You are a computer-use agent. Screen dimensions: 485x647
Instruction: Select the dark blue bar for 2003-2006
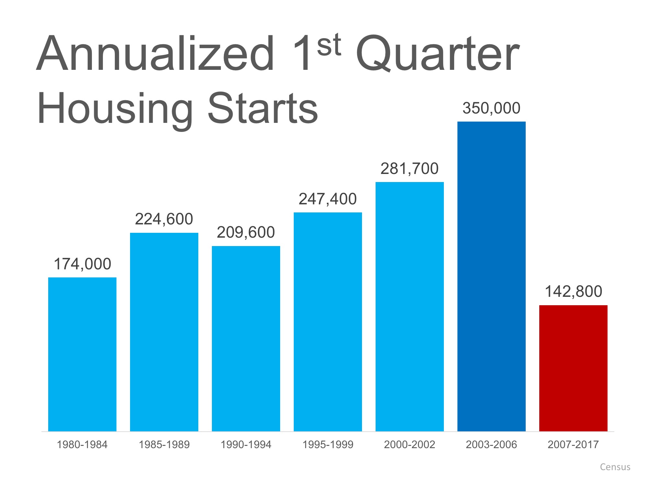(491, 276)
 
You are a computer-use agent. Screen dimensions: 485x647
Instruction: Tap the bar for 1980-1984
(82, 354)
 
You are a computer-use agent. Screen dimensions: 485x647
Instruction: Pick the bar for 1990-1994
(246, 339)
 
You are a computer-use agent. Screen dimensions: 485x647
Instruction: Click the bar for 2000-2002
(410, 307)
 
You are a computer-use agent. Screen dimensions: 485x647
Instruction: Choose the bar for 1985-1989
(164, 332)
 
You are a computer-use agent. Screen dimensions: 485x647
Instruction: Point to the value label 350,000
(491, 108)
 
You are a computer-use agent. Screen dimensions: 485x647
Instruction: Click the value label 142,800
(573, 291)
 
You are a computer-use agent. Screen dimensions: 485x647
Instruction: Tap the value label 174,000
(82, 264)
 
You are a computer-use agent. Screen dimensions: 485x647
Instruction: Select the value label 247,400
(327, 199)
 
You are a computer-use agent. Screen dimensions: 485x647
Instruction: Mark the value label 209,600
(246, 232)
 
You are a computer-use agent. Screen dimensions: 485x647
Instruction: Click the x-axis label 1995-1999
(328, 445)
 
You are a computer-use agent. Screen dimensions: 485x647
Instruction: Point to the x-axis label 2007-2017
(573, 445)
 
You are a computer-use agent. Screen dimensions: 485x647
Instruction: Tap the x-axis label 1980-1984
(82, 445)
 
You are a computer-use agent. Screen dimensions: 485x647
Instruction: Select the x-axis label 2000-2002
(410, 445)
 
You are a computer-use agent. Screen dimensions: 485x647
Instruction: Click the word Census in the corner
(615, 467)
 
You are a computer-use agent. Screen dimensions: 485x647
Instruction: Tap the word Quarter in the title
(437, 55)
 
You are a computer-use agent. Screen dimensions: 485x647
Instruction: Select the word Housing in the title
(115, 108)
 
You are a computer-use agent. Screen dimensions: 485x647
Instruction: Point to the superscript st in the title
(329, 45)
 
